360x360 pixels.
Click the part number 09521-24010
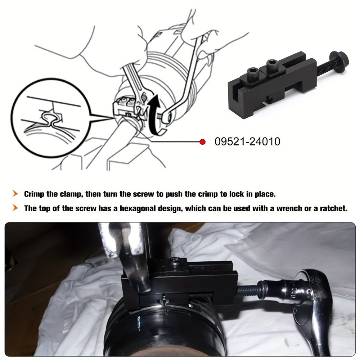pos(247,141)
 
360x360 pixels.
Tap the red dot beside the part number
pos(202,142)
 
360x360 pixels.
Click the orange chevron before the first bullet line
pos(15,194)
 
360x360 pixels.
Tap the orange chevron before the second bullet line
pos(15,208)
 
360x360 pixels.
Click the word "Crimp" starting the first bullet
pos(35,194)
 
